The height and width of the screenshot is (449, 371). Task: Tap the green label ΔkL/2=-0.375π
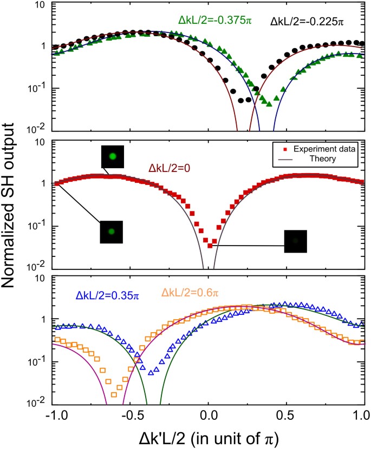[214, 20]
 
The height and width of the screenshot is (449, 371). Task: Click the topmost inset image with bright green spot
[112, 156]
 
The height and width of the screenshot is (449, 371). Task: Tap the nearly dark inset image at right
[296, 241]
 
